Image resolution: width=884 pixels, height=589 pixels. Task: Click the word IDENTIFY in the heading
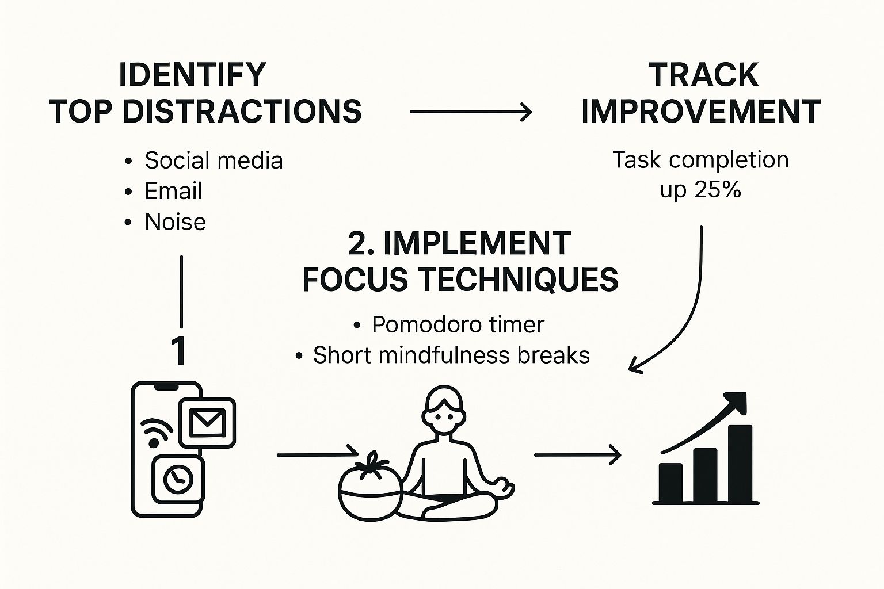(192, 75)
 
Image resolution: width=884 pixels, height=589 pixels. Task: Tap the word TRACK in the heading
(703, 75)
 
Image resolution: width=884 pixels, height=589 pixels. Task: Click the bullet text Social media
(214, 160)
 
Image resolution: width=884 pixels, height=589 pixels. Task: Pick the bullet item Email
(173, 192)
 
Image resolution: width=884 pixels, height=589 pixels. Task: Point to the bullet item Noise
(175, 221)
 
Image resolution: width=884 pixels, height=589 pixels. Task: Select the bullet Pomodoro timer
(458, 324)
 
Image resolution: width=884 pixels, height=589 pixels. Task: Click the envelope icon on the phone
(207, 423)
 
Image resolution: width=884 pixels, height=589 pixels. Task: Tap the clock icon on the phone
(178, 480)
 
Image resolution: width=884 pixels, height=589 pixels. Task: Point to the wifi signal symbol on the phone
(155, 431)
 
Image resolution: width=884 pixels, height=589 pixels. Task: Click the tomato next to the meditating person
(371, 488)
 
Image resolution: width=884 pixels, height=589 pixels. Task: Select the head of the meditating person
(444, 410)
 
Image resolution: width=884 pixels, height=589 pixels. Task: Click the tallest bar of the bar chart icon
(740, 463)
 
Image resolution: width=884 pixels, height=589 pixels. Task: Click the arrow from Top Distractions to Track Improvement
(471, 112)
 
